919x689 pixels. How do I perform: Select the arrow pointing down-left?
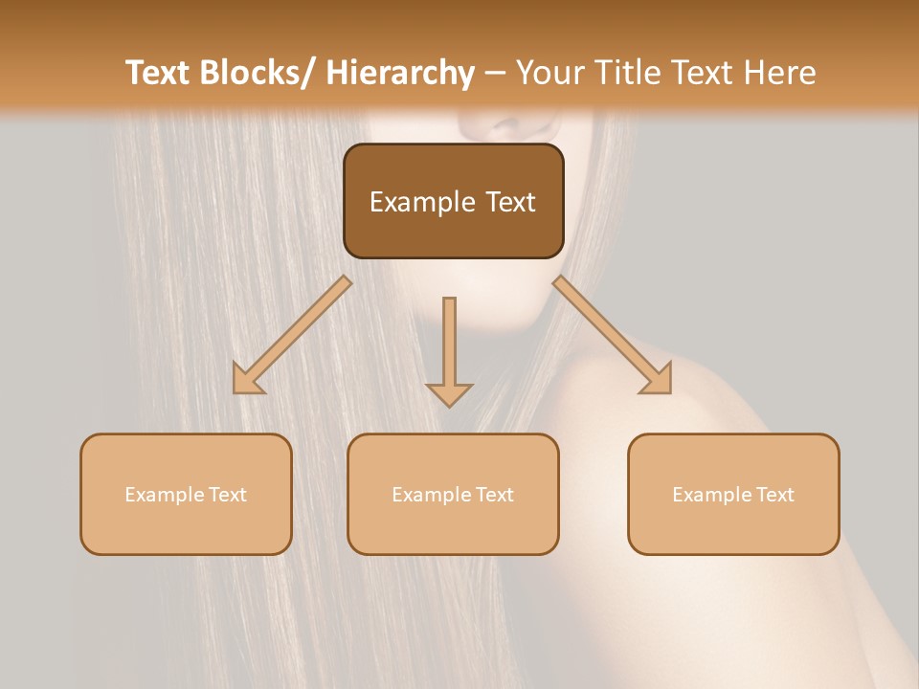pos(291,335)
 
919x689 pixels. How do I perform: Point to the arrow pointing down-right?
pos(613,335)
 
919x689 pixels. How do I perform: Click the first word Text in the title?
pos(158,73)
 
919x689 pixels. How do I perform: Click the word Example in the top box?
pos(422,203)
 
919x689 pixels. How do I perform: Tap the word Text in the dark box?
pos(509,203)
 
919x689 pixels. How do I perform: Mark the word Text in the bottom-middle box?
pos(495,495)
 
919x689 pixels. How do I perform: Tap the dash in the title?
pos(495,74)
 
